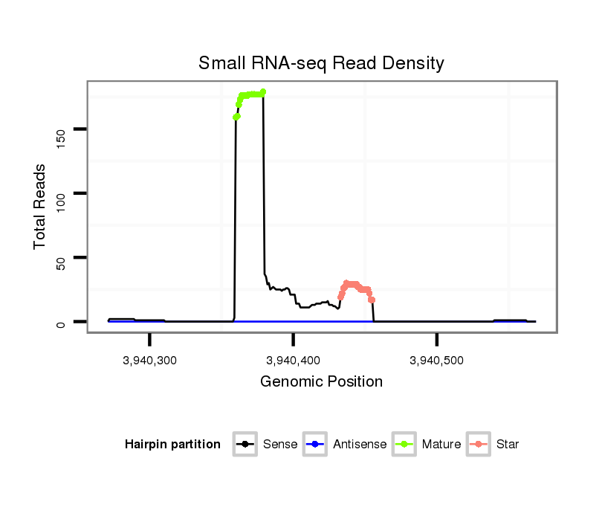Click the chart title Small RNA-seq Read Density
tap(321, 63)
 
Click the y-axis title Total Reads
tap(40, 207)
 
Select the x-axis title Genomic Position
tap(321, 382)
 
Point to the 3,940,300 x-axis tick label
tap(149, 361)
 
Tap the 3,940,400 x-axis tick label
tap(293, 361)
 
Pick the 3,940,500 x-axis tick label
tap(436, 361)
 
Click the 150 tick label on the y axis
tap(60, 129)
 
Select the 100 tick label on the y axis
tap(60, 193)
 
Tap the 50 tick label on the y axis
tap(60, 257)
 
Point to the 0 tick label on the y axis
tap(60, 322)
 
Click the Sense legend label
tap(280, 445)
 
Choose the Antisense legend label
tap(360, 445)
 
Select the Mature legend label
tap(441, 445)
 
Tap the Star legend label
tap(508, 445)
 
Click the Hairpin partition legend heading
tap(172, 445)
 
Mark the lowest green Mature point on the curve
tap(236, 117)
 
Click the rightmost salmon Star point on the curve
tap(372, 300)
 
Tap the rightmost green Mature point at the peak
tap(263, 92)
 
